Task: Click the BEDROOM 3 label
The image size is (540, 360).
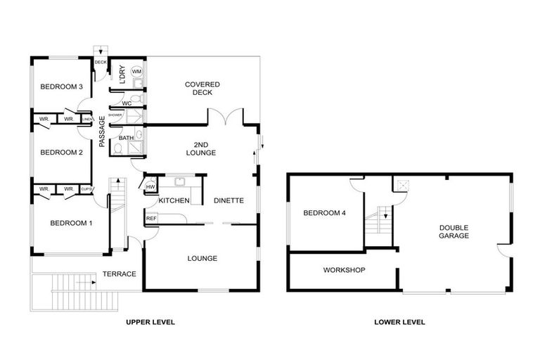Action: [x=62, y=87]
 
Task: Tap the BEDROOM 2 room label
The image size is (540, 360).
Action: [x=62, y=153]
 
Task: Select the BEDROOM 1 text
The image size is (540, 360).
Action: [x=70, y=224]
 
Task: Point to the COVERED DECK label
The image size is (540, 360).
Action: [x=202, y=89]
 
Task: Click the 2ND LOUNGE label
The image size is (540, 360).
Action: [x=201, y=148]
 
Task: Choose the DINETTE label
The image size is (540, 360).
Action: [x=229, y=201]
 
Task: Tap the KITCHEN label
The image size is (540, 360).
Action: [x=174, y=201]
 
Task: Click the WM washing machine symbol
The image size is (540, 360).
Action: [x=136, y=72]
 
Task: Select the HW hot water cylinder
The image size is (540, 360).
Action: [x=150, y=186]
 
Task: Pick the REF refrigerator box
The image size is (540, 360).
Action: [x=150, y=219]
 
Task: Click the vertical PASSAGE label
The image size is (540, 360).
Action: [x=102, y=131]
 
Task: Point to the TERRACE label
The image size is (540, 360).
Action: [x=120, y=274]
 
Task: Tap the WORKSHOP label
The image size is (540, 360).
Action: [x=344, y=270]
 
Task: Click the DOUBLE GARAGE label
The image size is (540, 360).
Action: [x=454, y=232]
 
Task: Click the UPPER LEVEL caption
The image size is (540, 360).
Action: [x=150, y=322]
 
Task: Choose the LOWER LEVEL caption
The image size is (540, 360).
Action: [x=400, y=322]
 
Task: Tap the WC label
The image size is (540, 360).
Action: [x=127, y=103]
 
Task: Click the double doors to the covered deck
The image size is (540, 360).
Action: [x=225, y=117]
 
